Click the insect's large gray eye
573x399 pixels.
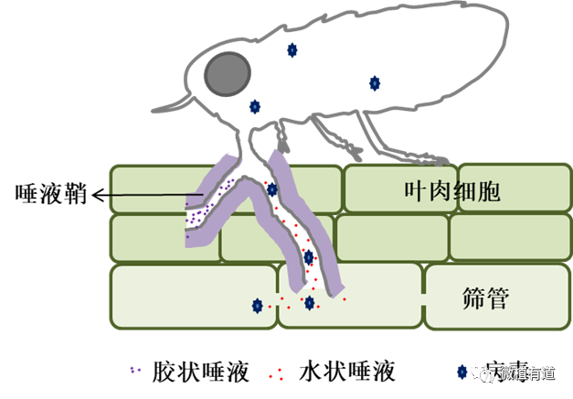click(228, 74)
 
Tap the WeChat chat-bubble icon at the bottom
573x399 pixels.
click(486, 372)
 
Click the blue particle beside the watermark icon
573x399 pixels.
click(462, 372)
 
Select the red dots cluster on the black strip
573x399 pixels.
click(275, 374)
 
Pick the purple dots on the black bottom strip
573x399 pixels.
click(135, 370)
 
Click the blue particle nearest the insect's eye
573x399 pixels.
click(255, 106)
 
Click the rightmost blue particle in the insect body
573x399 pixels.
click(374, 83)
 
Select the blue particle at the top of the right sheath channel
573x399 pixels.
click(271, 189)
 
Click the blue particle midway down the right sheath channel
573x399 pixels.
click(308, 257)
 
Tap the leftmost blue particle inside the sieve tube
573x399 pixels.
click(258, 306)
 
